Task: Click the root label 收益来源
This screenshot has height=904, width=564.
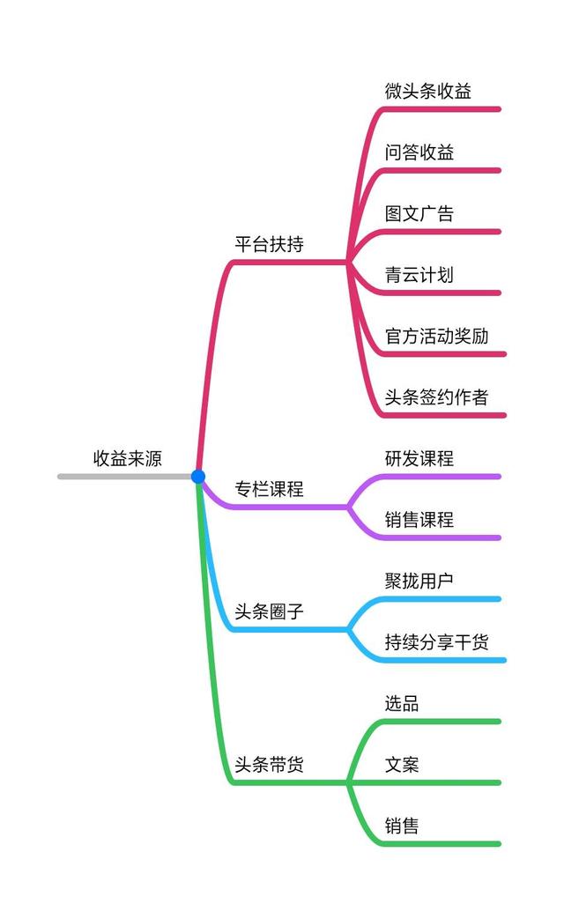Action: point(128,458)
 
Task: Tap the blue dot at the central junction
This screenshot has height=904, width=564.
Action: point(198,477)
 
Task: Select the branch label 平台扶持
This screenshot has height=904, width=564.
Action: point(269,244)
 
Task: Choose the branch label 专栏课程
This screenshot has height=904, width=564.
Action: point(269,489)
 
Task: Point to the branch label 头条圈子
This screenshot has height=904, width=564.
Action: point(269,611)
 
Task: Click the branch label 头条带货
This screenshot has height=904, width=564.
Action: point(269,764)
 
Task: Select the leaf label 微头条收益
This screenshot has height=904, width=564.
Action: point(427,91)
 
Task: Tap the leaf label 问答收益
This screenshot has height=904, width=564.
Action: point(419,152)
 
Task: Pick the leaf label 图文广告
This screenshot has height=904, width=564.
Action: point(419,213)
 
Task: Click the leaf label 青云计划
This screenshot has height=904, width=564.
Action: point(419,274)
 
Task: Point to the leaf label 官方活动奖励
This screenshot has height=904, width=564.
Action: point(436,336)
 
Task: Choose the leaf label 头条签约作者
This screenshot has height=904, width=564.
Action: point(436,396)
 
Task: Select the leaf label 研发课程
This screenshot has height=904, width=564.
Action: point(419,458)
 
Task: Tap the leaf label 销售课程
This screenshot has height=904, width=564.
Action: point(419,519)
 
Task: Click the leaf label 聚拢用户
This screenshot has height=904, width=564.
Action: point(419,581)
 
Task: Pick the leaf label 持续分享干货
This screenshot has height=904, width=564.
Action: point(436,641)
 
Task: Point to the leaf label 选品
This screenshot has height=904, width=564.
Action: point(401,703)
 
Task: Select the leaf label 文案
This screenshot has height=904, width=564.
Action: point(401,764)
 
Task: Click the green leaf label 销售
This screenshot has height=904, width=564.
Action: point(401,826)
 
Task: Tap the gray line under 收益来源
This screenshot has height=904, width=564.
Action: point(123,477)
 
